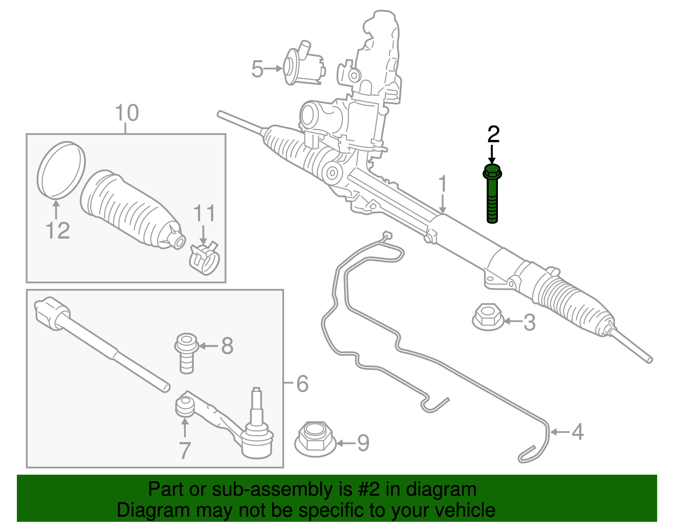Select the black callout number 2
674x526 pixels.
[493, 134]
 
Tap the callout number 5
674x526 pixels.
[257, 69]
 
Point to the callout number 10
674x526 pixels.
[126, 113]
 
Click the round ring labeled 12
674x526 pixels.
[62, 169]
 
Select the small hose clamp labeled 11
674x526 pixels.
[204, 258]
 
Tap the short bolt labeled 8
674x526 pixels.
[187, 352]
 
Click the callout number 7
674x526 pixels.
[185, 450]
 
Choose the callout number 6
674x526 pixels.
[302, 384]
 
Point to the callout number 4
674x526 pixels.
[578, 432]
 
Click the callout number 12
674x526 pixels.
[58, 230]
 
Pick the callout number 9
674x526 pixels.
[363, 443]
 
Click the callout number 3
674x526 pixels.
[529, 322]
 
